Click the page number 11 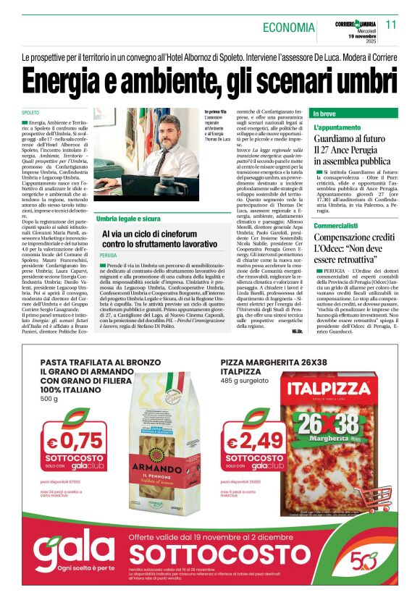[x=391, y=25]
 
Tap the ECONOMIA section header [x=287, y=28]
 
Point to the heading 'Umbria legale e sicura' [x=130, y=219]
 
